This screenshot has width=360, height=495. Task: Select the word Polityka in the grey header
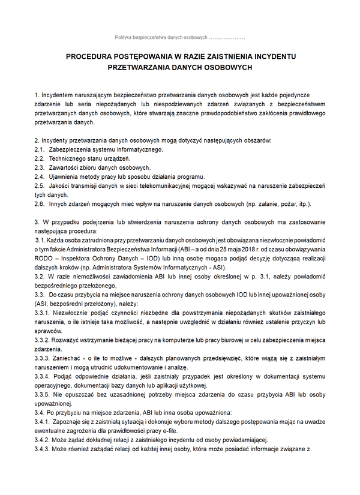[x=125, y=38]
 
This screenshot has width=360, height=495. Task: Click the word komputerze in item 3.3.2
[x=175, y=340]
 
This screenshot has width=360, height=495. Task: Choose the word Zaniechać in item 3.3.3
[x=67, y=358]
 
